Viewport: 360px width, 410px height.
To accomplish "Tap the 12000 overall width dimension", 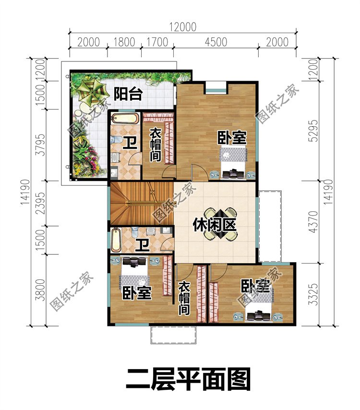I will [x=182, y=27].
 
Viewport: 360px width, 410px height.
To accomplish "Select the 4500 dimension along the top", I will [x=216, y=42].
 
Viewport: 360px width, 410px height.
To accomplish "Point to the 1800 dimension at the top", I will [x=123, y=42].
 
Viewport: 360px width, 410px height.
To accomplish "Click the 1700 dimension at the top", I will [x=156, y=42].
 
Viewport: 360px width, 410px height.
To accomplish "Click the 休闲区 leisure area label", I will [x=215, y=224].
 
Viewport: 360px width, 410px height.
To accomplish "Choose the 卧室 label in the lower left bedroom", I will [x=137, y=292].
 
